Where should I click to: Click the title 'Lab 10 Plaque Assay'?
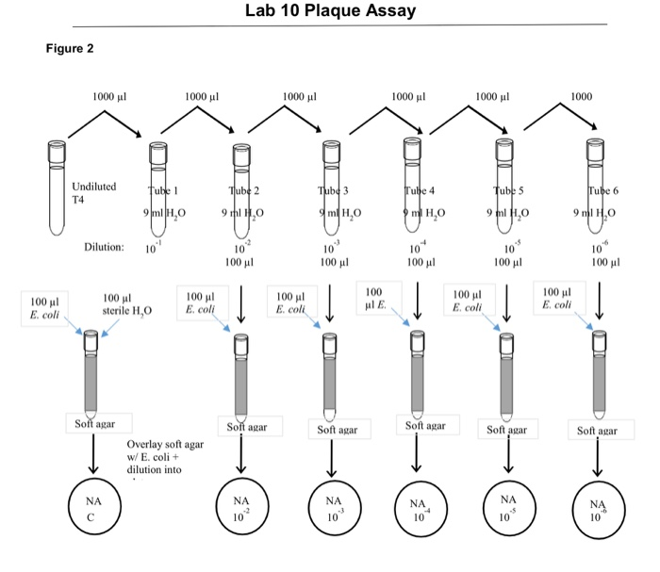[x=329, y=12]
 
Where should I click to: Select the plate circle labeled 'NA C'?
[x=92, y=509]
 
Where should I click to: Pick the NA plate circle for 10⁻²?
[x=241, y=510]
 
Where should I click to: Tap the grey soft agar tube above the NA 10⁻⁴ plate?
[x=416, y=372]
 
